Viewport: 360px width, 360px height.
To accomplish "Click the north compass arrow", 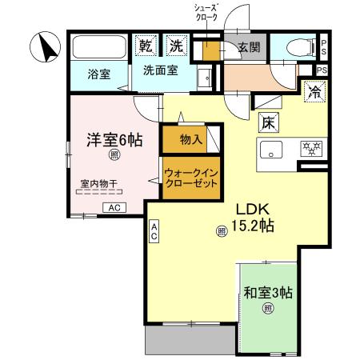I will pyautogui.click(x=45, y=48).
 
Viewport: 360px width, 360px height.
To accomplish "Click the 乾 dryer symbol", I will pyautogui.click(x=146, y=46).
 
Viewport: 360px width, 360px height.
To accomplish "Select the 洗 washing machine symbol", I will pyautogui.click(x=175, y=46).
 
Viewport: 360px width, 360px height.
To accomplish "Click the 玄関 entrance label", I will pyautogui.click(x=249, y=47).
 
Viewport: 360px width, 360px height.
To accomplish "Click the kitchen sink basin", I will pyautogui.click(x=270, y=149).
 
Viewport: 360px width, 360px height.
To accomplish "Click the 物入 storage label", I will pyautogui.click(x=190, y=140).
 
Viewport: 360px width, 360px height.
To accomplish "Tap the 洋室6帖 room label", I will pyautogui.click(x=114, y=139).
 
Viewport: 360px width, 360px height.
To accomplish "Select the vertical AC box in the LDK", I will pyautogui.click(x=154, y=232).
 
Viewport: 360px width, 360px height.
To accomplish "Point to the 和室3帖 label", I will pyautogui.click(x=268, y=293).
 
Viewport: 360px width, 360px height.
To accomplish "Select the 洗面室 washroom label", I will pyautogui.click(x=160, y=70).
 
